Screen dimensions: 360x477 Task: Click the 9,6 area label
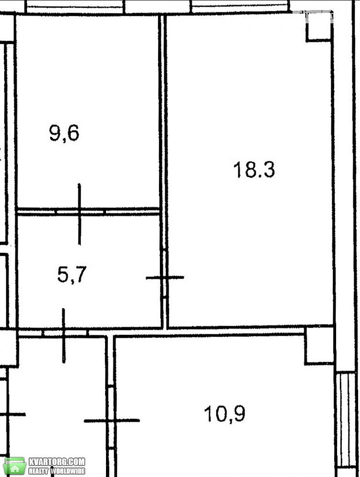pyautogui.click(x=64, y=134)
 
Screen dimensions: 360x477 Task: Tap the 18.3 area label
pyautogui.click(x=254, y=170)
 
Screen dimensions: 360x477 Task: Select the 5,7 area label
pyautogui.click(x=72, y=274)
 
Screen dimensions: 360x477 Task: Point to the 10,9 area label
pyautogui.click(x=225, y=414)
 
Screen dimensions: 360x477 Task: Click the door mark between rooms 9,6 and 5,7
pyautogui.click(x=79, y=214)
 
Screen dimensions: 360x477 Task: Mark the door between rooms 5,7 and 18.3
pyautogui.click(x=165, y=277)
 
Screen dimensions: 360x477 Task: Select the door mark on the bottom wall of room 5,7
pyautogui.click(x=64, y=335)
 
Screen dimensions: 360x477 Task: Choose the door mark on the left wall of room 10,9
pyautogui.click(x=112, y=420)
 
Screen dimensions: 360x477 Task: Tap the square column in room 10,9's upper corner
pyautogui.click(x=319, y=345)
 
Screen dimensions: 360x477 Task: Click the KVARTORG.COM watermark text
pyautogui.click(x=57, y=462)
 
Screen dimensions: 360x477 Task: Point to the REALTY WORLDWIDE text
pyautogui.click(x=57, y=471)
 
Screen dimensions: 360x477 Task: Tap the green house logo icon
pyautogui.click(x=15, y=466)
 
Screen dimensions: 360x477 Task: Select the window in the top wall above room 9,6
pyautogui.click(x=75, y=7)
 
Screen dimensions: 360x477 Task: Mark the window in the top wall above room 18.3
pyautogui.click(x=240, y=7)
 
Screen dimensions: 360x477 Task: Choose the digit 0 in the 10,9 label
pyautogui.click(x=219, y=414)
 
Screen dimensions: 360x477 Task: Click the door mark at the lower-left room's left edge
pyautogui.click(x=12, y=415)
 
